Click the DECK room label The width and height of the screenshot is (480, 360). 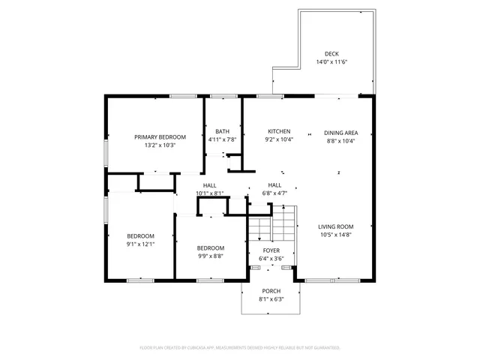pyautogui.click(x=331, y=53)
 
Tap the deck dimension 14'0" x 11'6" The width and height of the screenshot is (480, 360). pyautogui.click(x=331, y=62)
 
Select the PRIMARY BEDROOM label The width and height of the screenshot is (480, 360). pyautogui.click(x=160, y=136)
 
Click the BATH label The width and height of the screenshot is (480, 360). pyautogui.click(x=222, y=131)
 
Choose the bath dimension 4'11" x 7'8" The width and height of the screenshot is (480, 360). pyautogui.click(x=222, y=139)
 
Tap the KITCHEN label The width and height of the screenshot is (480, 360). pyautogui.click(x=278, y=131)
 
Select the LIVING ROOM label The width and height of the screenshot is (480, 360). pyautogui.click(x=335, y=226)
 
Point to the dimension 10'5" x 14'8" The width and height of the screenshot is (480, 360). pyautogui.click(x=335, y=235)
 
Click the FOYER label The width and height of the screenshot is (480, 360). pyautogui.click(x=271, y=250)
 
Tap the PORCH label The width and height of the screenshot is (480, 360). pyautogui.click(x=271, y=291)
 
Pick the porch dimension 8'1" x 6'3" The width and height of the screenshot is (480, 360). pyautogui.click(x=271, y=299)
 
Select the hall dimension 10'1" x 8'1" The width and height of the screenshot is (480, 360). pyautogui.click(x=209, y=193)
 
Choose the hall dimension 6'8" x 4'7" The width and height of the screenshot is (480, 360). pyautogui.click(x=274, y=193)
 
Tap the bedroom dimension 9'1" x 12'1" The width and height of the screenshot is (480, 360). pyautogui.click(x=140, y=244)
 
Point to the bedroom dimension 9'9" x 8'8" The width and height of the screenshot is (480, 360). pyautogui.click(x=211, y=256)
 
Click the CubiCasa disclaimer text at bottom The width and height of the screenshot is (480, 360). pyautogui.click(x=240, y=348)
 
